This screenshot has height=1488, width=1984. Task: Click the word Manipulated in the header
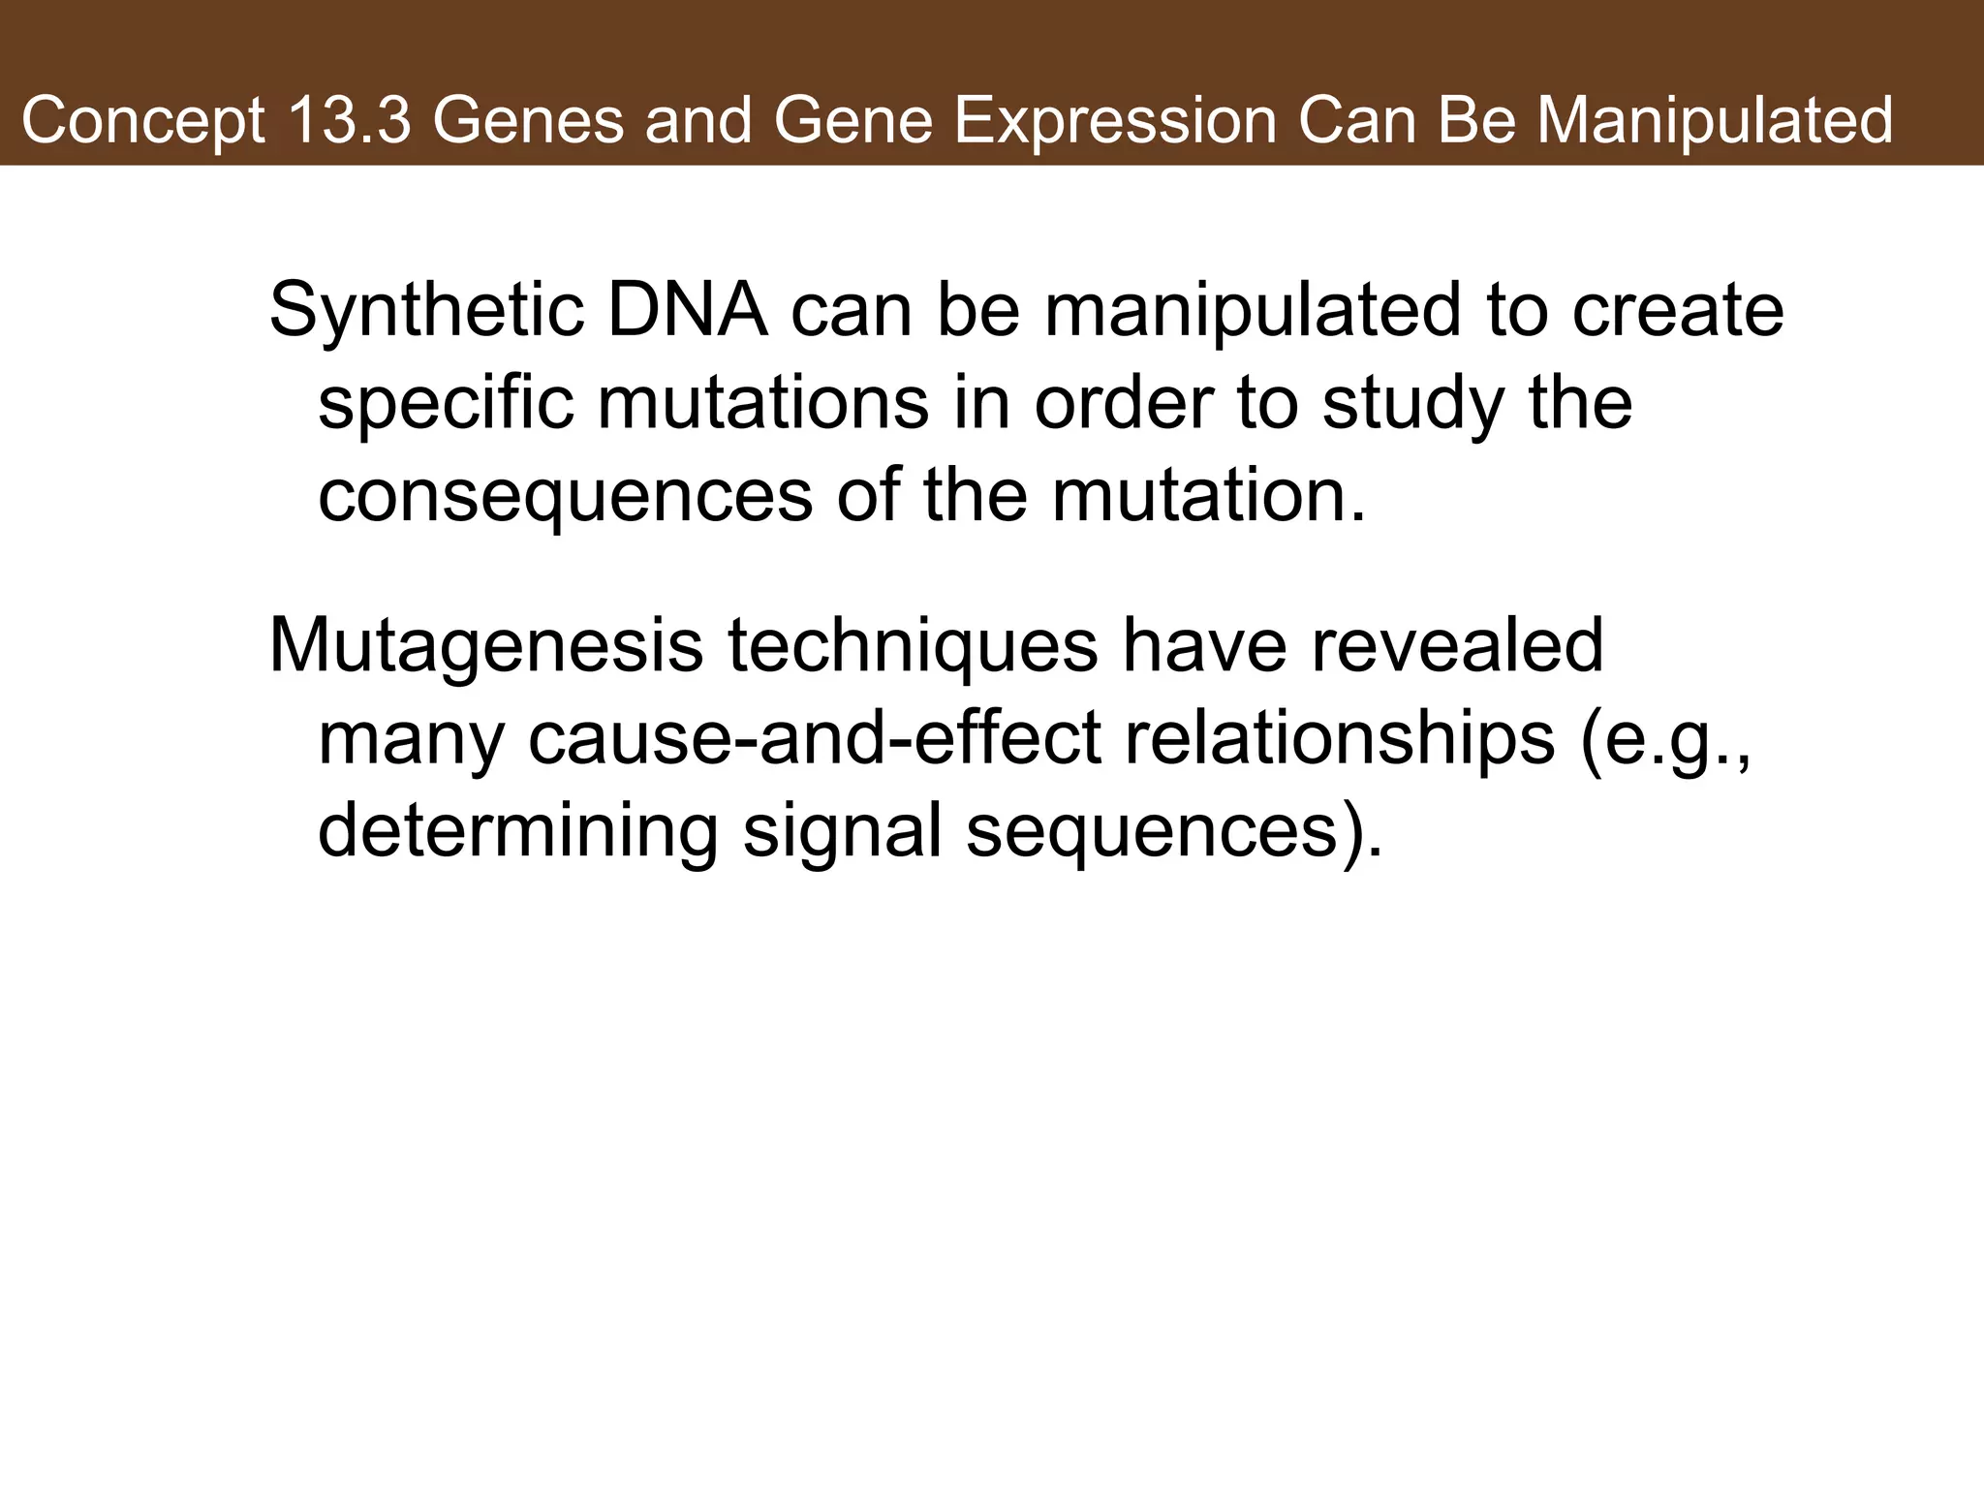coord(1715,121)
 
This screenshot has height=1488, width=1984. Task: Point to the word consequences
coord(565,496)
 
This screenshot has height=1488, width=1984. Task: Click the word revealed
coord(1457,645)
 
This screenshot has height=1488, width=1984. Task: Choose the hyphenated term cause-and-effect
coord(815,738)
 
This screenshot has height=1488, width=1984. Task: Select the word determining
coord(517,831)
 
